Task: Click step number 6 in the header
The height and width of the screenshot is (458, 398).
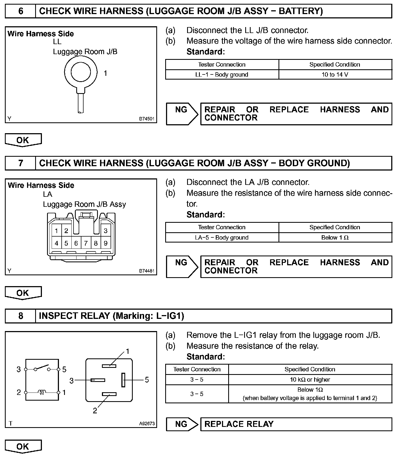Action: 21,11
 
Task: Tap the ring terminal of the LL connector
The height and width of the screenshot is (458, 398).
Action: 81,72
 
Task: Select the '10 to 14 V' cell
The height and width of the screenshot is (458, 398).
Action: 335,74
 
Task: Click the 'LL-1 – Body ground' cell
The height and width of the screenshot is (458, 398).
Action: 222,74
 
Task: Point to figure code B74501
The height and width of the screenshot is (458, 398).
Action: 147,119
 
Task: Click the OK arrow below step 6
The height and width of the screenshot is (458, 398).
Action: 23,140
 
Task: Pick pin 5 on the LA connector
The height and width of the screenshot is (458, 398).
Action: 66,243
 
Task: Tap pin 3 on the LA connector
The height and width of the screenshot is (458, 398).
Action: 105,231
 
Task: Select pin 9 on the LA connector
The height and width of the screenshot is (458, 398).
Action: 105,243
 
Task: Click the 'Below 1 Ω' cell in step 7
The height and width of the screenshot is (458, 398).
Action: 335,237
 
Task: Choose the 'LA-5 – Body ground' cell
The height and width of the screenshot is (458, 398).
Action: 222,237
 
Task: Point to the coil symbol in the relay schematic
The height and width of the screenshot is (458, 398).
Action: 42,392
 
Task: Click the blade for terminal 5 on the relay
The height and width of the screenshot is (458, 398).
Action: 123,380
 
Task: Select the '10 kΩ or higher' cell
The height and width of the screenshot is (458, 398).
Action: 310,380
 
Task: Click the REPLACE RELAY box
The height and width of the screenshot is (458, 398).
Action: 296,424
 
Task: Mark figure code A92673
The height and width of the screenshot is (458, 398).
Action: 147,424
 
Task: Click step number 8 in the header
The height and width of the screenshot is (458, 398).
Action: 21,316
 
